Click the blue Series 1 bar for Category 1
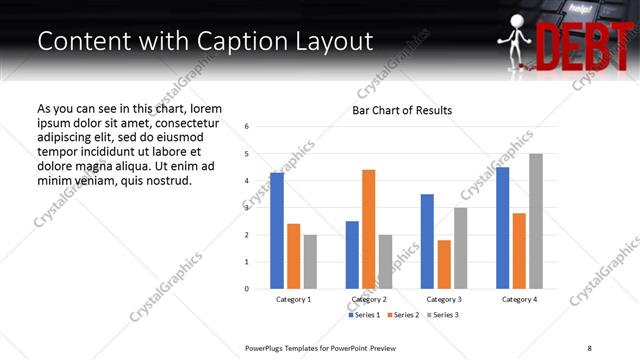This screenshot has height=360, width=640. point(277,231)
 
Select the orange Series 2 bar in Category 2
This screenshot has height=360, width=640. point(368,229)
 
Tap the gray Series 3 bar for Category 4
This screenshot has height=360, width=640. point(536,221)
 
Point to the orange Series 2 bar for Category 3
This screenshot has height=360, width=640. point(444,264)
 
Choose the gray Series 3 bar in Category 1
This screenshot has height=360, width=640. point(310,262)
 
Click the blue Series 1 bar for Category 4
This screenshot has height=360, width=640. point(502,228)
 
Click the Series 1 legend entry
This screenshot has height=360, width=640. point(364,315)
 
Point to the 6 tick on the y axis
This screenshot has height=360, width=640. point(247,127)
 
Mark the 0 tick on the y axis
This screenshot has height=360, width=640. point(247,289)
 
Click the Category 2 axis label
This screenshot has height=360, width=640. point(369,300)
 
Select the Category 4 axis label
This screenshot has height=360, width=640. point(519,300)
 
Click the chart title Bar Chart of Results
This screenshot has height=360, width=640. point(402,110)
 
